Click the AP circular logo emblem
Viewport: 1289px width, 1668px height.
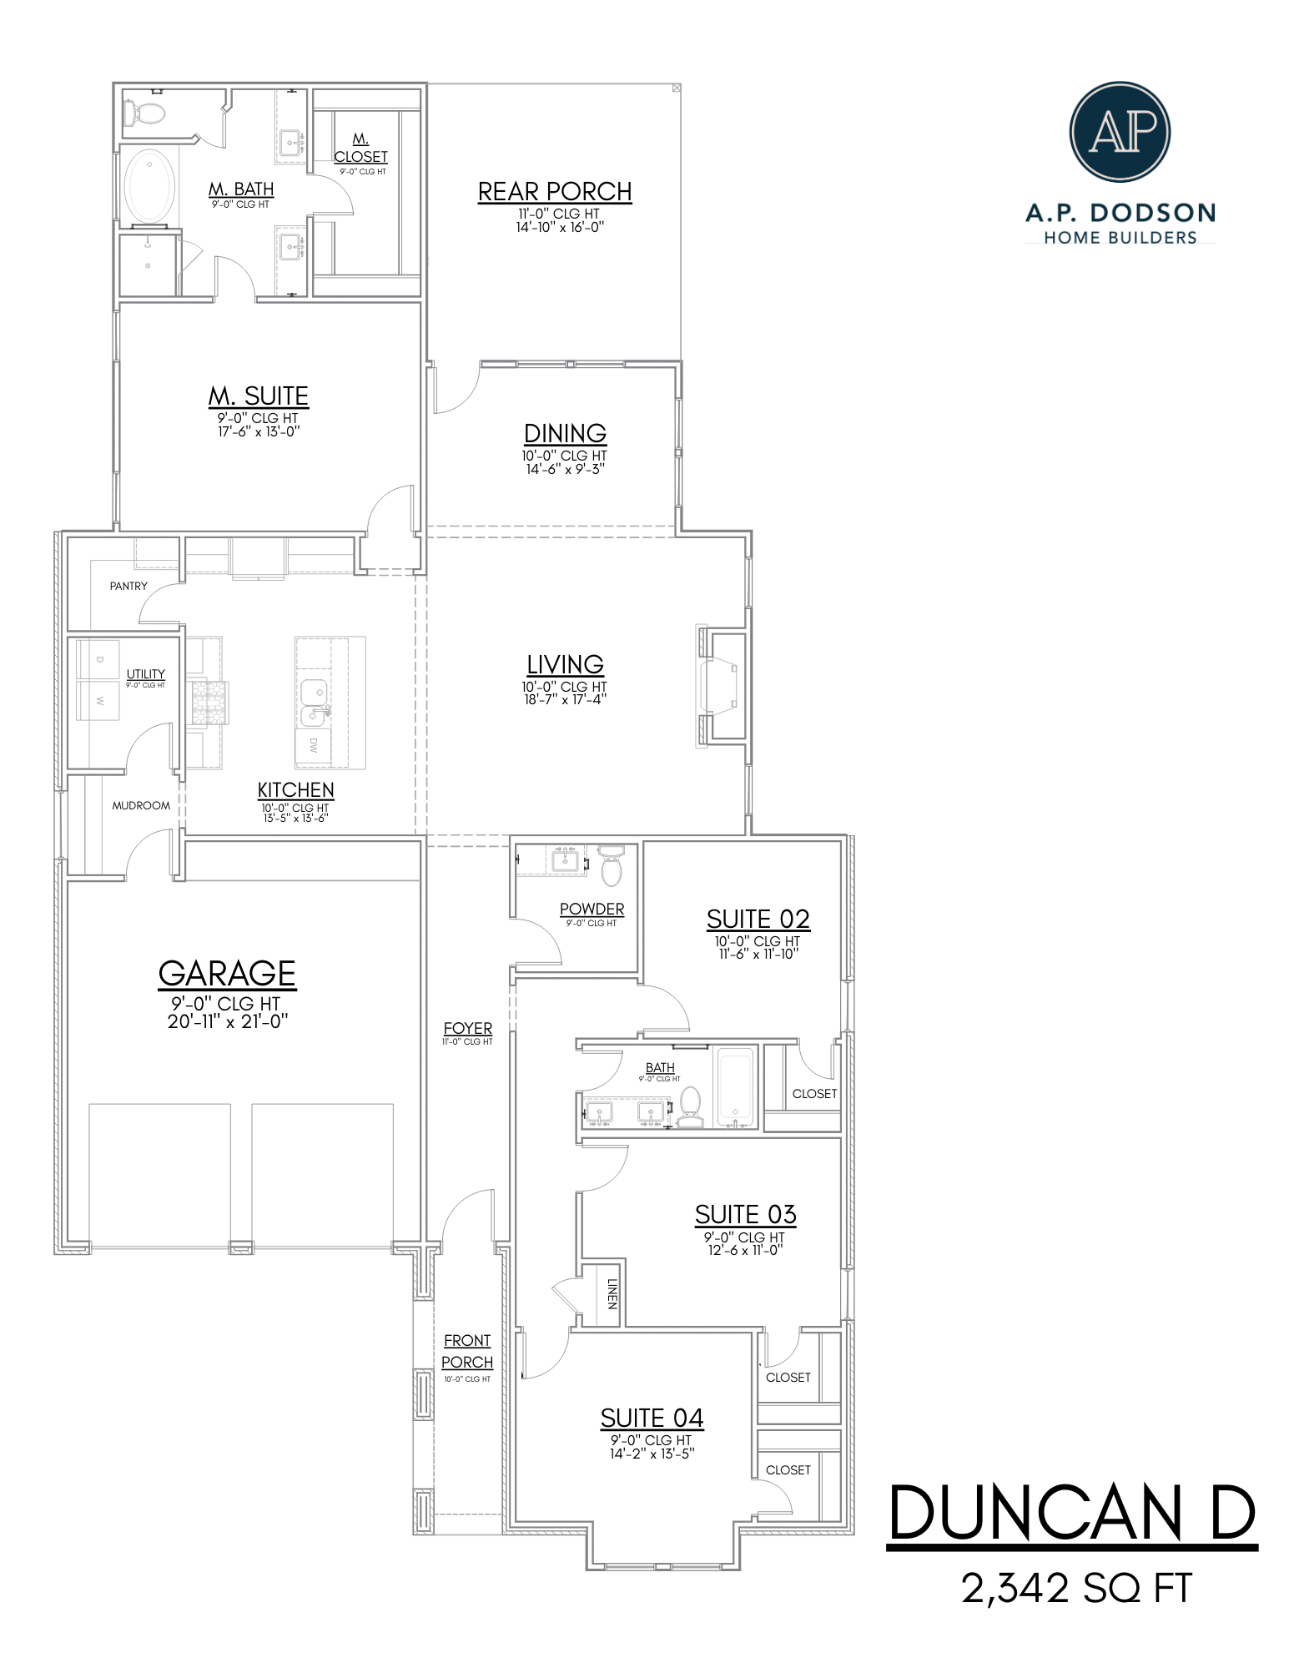coord(1119,131)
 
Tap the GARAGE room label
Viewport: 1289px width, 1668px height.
coord(227,973)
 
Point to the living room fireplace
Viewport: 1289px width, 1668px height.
coord(722,686)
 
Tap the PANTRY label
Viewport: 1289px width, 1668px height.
coord(128,586)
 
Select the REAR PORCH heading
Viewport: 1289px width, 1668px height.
coord(555,191)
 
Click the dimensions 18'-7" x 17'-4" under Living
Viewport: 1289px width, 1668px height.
coord(565,699)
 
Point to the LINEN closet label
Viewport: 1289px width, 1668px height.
coord(612,1293)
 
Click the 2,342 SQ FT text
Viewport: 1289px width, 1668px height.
coord(1076,1588)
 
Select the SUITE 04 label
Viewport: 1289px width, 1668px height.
coord(652,1418)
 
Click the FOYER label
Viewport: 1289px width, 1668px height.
coord(467,1028)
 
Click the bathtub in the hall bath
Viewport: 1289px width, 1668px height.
coord(735,1084)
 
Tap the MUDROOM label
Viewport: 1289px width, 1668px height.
coord(141,805)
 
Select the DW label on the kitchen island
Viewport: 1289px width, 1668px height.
coord(314,745)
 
